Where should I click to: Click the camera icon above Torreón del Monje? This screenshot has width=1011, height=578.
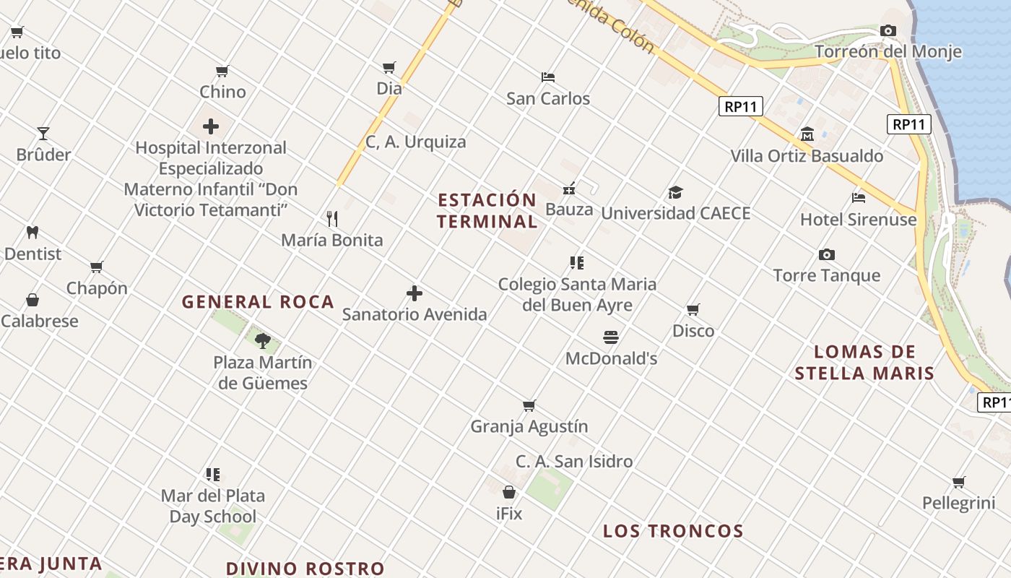tap(888, 30)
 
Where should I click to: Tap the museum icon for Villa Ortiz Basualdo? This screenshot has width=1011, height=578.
tap(807, 134)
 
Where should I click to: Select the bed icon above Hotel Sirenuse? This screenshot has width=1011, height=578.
tap(858, 197)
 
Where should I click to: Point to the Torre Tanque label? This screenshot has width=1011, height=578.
tap(826, 275)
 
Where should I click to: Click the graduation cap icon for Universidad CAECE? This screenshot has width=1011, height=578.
tap(675, 192)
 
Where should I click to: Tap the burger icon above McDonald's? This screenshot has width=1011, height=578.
tap(611, 337)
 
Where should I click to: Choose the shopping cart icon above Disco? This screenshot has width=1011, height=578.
tap(693, 310)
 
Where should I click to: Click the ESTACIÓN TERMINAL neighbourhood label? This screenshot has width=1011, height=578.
tap(487, 210)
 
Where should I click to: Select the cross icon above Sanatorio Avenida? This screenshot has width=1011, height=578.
tap(415, 293)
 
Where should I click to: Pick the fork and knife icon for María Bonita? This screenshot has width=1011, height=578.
tap(332, 218)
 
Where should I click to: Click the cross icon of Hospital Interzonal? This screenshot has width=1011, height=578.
tap(211, 127)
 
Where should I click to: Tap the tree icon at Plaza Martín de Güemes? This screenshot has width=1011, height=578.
tap(263, 340)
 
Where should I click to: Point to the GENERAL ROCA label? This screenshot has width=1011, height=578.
tap(258, 302)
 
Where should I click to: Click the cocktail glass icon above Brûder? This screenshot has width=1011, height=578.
tap(43, 134)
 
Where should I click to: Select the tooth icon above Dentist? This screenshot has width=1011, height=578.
tap(32, 233)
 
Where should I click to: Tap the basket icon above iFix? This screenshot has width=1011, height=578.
tap(509, 493)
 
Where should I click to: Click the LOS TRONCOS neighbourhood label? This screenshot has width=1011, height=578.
tap(673, 531)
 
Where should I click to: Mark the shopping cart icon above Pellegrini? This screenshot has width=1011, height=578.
tap(958, 482)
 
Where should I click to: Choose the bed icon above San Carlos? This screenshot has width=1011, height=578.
tap(548, 77)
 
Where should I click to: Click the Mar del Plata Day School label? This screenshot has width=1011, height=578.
tap(212, 506)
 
